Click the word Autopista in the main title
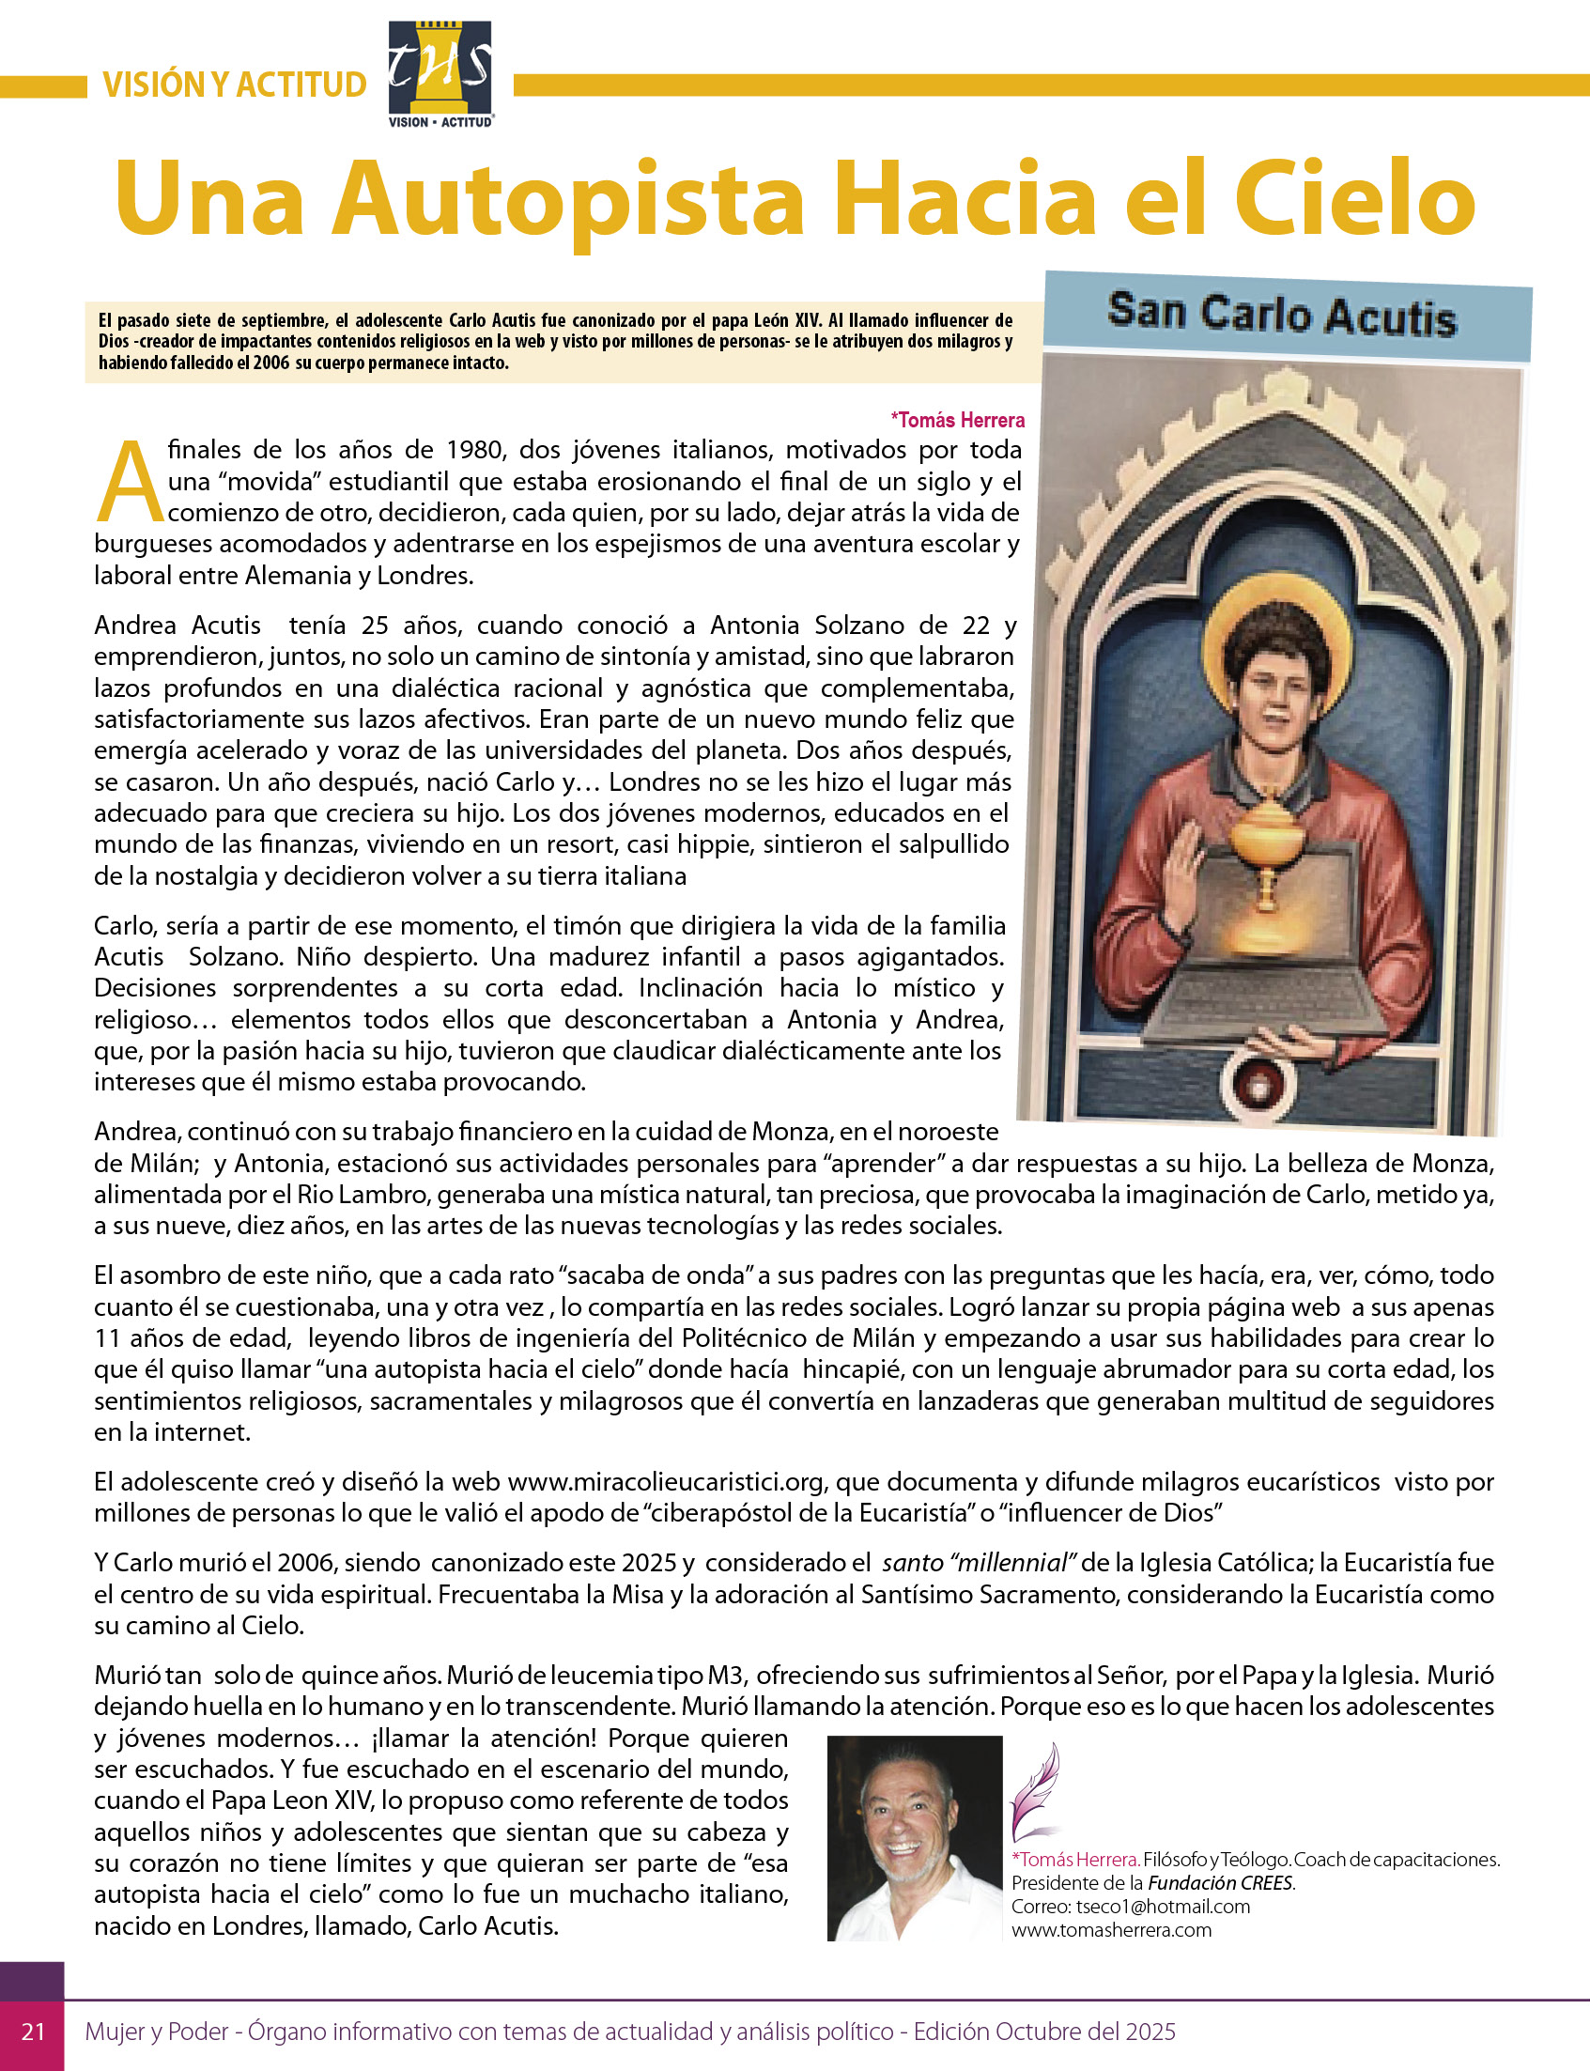click(568, 201)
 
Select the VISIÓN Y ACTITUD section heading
click(235, 85)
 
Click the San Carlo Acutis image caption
click(1281, 315)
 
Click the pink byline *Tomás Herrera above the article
click(957, 420)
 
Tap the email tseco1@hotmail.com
click(1163, 1907)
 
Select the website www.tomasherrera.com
click(1111, 1930)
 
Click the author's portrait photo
click(914, 1838)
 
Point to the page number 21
click(33, 2032)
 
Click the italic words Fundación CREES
click(1221, 1883)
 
